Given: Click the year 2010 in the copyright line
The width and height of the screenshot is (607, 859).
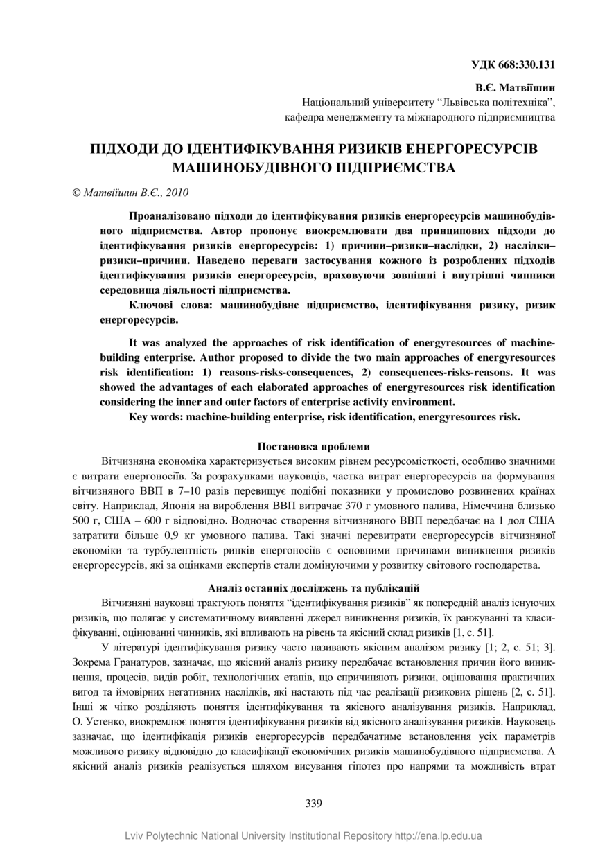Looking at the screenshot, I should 177,193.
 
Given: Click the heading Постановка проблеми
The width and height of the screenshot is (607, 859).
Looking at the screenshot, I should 313,447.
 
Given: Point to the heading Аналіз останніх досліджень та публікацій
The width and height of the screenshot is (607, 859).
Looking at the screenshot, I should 313,587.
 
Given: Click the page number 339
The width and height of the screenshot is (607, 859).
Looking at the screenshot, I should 313,804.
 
